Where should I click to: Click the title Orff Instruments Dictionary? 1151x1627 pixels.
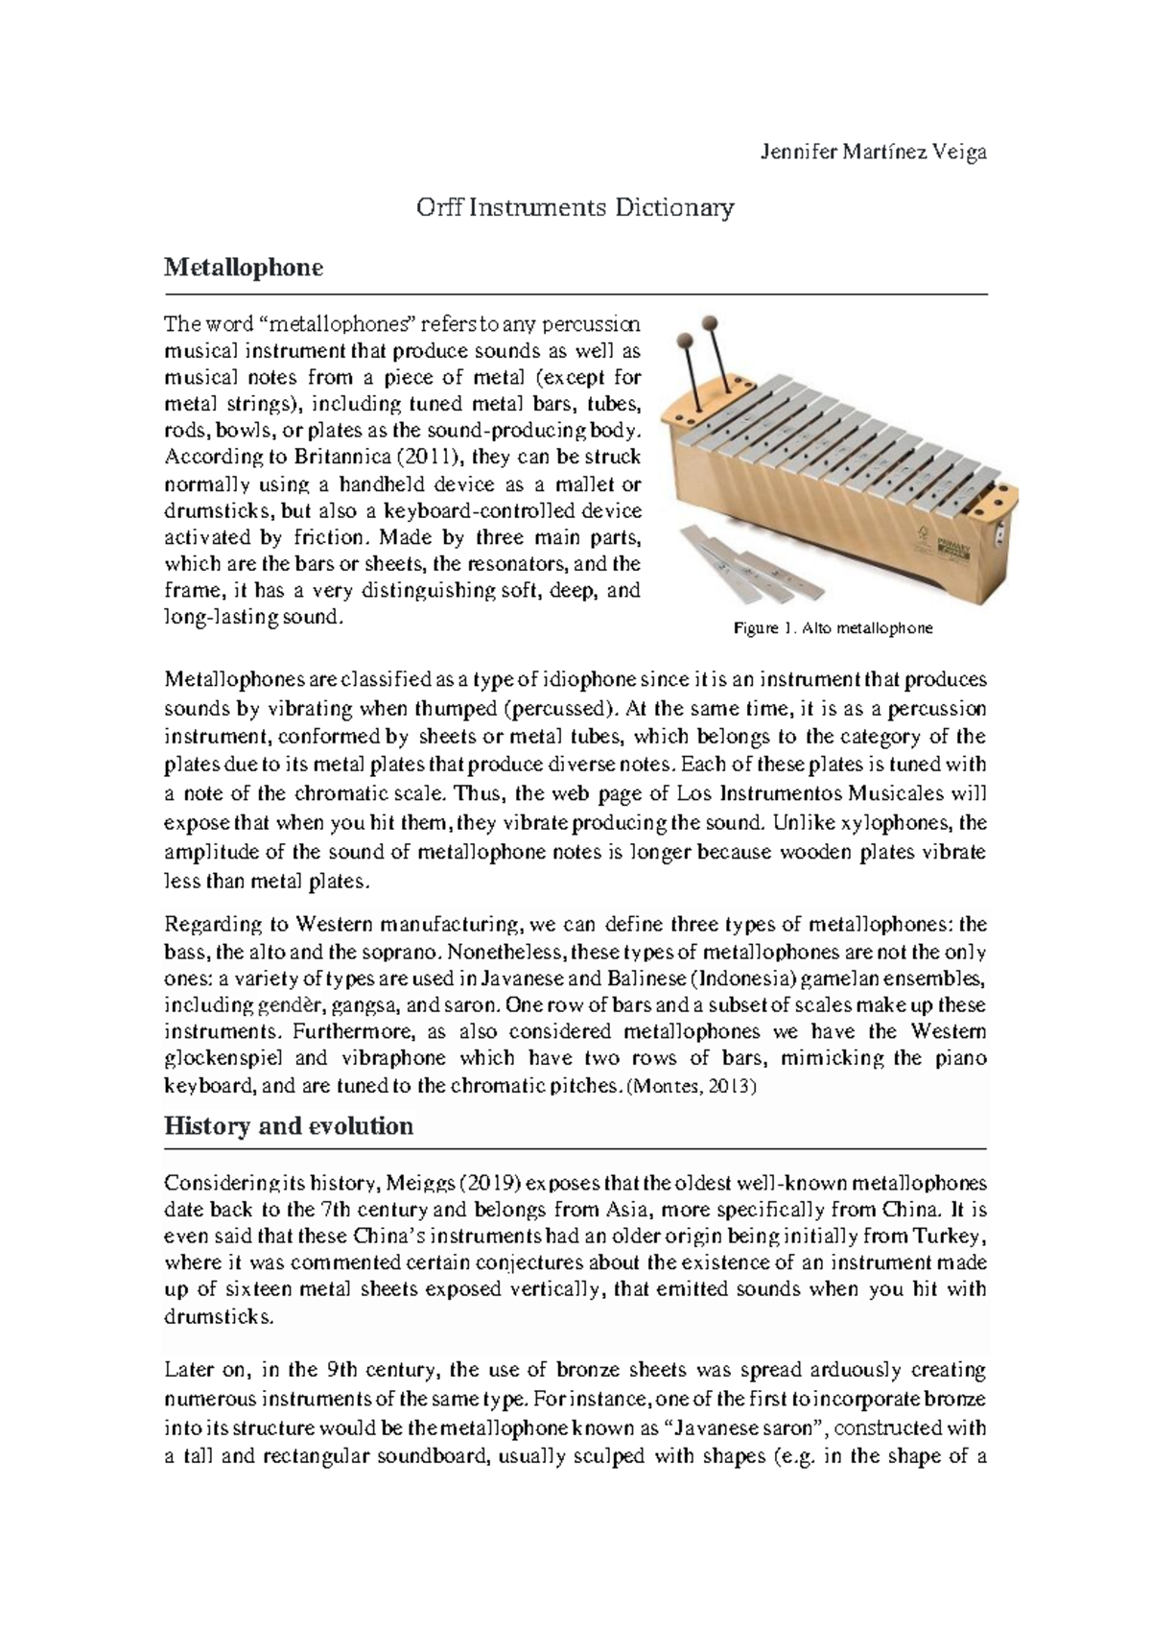click(x=575, y=207)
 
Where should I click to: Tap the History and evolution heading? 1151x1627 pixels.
click(x=289, y=1125)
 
